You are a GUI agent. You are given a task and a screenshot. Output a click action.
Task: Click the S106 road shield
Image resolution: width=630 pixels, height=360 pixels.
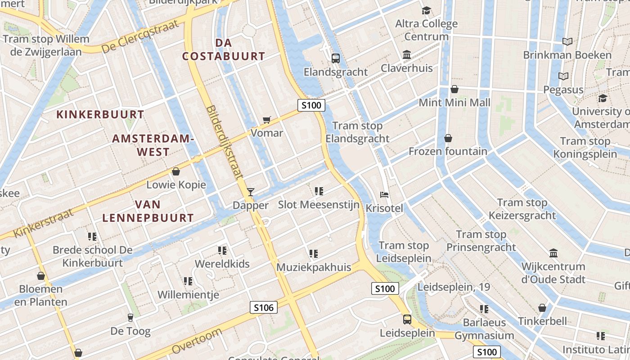tap(264, 308)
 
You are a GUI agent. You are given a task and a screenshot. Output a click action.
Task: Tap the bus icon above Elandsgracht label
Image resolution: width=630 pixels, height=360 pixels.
tap(336, 58)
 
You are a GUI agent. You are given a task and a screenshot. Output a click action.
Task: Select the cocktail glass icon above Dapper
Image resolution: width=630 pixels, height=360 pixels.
tap(251, 192)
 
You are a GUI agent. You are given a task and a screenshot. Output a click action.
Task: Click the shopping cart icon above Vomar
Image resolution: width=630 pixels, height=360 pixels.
tap(267, 120)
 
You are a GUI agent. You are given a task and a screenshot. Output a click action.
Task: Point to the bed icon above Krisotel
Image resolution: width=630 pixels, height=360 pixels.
tap(384, 195)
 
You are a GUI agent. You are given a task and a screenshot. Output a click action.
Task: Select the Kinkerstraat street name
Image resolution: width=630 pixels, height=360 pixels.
tap(43, 223)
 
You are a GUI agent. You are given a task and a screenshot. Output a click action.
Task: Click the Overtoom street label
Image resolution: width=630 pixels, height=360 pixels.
tap(197, 341)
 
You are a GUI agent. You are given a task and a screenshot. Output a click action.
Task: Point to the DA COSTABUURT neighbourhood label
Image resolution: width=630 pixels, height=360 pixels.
tap(224, 49)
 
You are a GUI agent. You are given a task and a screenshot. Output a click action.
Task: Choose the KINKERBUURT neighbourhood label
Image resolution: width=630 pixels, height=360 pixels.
tap(100, 114)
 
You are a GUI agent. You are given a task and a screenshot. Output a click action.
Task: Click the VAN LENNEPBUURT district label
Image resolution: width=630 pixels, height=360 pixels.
tap(148, 211)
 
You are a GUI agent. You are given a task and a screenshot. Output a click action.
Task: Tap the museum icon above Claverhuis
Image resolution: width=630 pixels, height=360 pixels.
tap(407, 55)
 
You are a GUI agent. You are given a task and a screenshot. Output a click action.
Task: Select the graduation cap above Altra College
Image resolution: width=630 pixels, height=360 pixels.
tap(426, 10)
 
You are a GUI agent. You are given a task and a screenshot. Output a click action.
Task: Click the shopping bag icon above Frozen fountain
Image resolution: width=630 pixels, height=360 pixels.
tap(448, 138)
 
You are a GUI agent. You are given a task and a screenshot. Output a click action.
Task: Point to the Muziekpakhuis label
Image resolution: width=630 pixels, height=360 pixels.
tap(314, 267)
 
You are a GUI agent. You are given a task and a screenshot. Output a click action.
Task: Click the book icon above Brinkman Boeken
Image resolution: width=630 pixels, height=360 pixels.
tap(567, 42)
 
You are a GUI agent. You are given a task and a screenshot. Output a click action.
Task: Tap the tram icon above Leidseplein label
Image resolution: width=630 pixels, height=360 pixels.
tap(407, 319)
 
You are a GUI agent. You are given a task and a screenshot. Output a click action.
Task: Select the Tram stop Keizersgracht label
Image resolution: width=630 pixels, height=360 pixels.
tap(522, 209)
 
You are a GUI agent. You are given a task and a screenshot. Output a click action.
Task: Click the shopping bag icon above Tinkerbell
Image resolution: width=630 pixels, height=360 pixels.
tap(542, 308)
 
